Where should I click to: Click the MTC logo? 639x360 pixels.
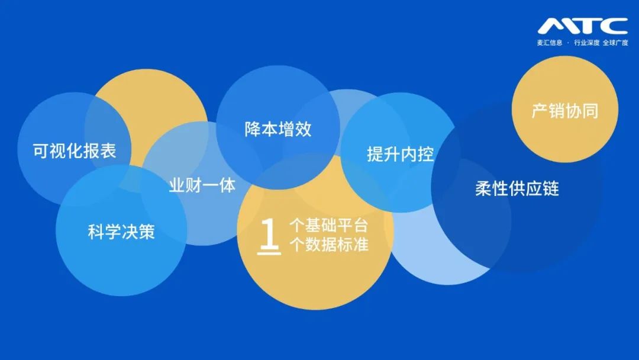582,25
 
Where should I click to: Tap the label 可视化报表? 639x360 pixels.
75,150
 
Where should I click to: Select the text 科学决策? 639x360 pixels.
121,232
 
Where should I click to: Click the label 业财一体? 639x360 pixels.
202,185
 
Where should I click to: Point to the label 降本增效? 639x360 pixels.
278,129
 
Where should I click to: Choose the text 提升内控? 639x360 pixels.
401,154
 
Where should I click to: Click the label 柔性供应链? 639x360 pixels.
517,188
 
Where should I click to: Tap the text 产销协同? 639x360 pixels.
565,111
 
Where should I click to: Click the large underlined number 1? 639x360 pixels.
269,236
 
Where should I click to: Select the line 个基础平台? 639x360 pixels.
329,226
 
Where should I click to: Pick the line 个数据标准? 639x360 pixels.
329,245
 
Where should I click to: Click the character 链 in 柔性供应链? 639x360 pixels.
551,188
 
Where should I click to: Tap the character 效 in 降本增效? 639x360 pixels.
304,129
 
